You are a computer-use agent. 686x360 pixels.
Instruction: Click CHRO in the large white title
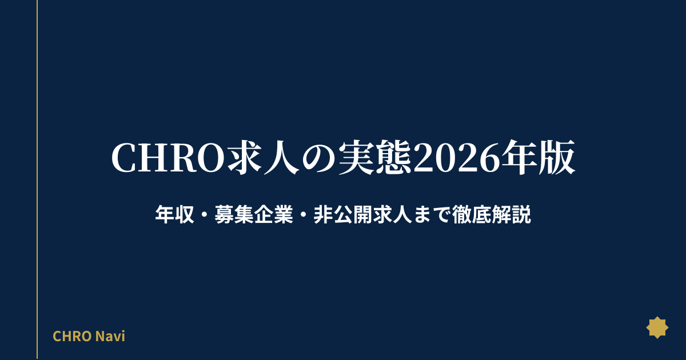[168, 158]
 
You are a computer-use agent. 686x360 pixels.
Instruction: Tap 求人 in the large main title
[264, 158]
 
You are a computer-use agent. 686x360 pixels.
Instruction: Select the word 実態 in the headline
[375, 158]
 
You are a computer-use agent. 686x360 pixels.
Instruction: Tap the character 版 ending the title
[557, 158]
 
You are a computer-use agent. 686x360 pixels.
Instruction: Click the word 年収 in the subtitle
[174, 215]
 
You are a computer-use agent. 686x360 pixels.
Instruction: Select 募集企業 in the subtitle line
[254, 215]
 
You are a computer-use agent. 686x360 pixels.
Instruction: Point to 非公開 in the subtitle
[342, 215]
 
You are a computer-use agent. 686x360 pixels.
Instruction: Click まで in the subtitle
[432, 215]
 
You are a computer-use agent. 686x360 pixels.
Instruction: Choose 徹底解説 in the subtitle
[491, 215]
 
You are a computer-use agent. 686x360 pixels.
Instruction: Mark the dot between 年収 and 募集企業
[204, 215]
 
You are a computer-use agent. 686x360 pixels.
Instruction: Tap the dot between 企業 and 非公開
[303, 215]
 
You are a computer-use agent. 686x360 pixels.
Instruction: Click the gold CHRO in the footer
[72, 336]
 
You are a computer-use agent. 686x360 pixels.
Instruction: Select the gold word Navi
[110, 336]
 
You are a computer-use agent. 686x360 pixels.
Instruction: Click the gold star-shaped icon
[657, 327]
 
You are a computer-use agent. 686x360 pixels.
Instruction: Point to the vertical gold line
[37, 180]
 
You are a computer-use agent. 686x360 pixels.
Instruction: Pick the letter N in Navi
[100, 336]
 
